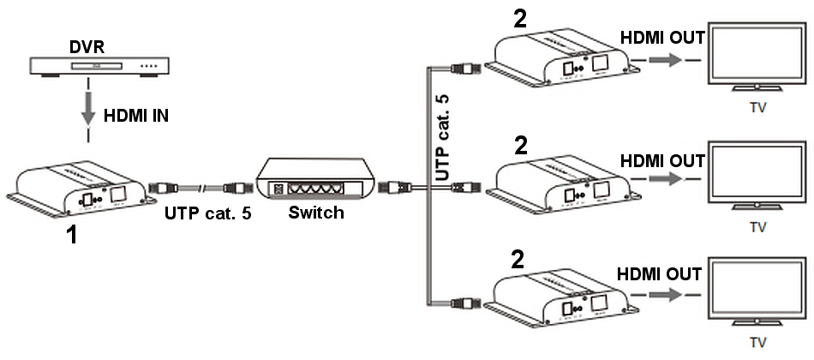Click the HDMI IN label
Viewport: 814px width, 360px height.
click(x=135, y=114)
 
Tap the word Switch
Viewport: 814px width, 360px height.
click(x=315, y=213)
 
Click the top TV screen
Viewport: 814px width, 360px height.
click(x=757, y=57)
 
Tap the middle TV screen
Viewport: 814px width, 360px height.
click(x=757, y=177)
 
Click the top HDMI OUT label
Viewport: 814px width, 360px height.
click(x=661, y=38)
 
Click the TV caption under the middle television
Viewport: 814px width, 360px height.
click(x=757, y=228)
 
